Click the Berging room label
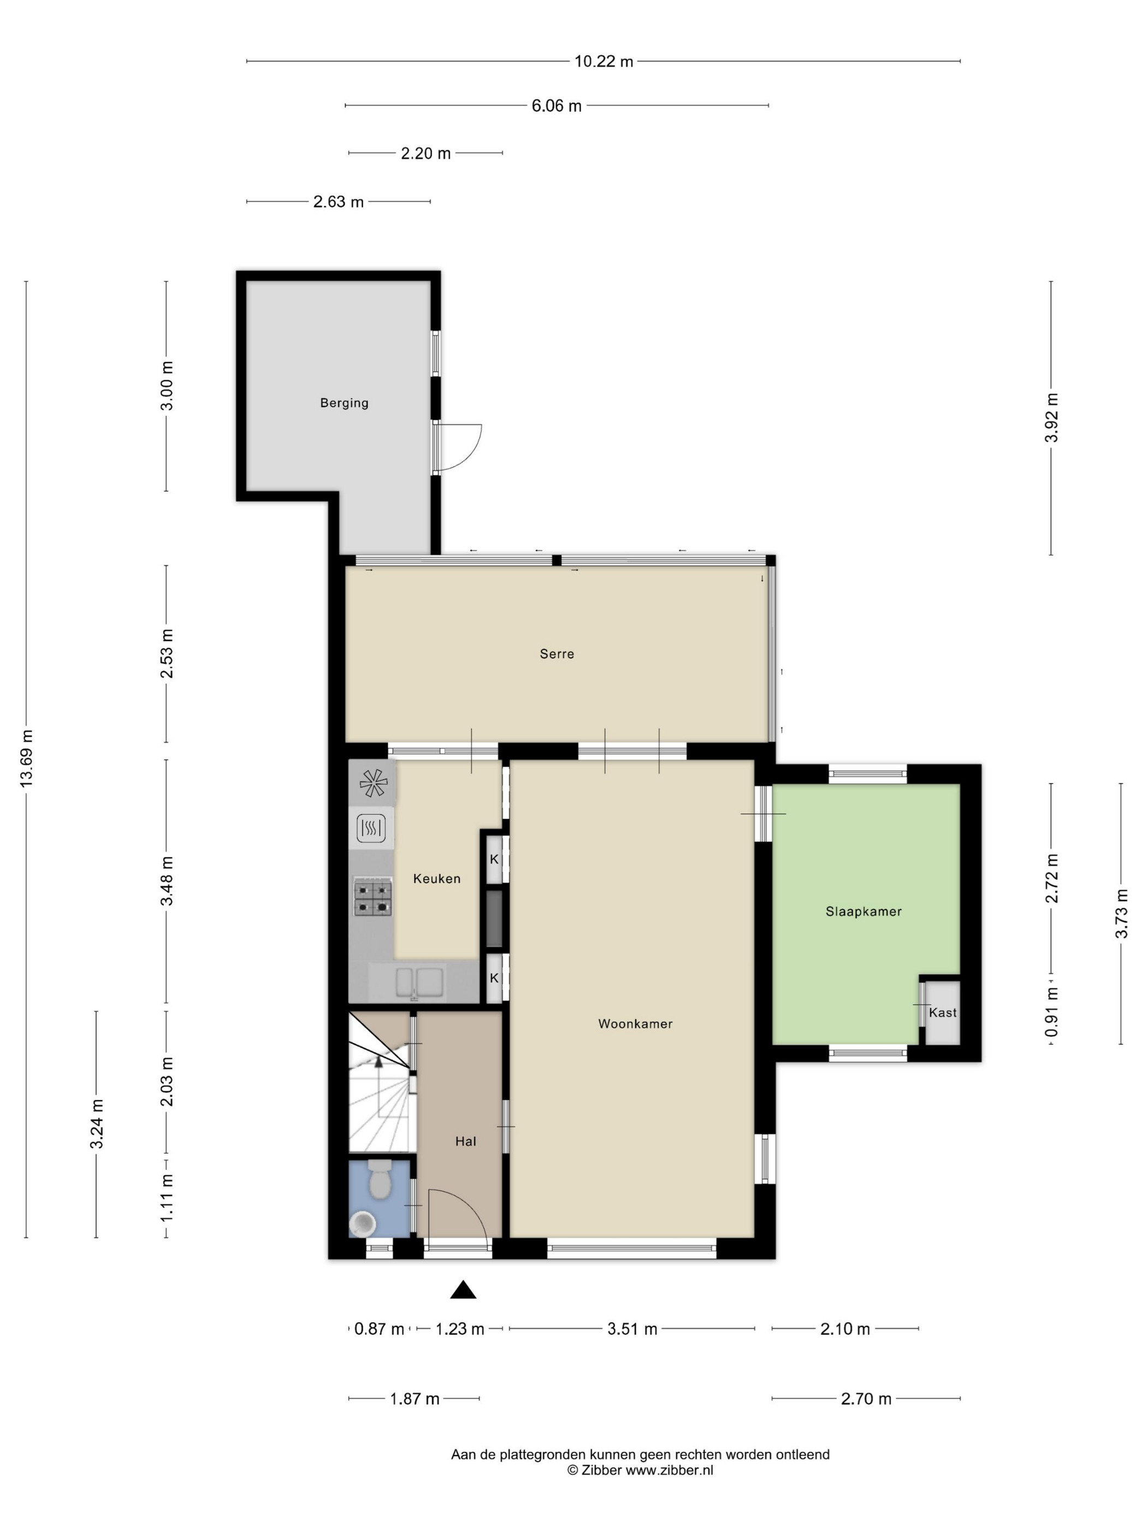point(344,403)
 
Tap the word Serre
point(557,653)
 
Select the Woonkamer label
point(635,1023)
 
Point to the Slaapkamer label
point(864,911)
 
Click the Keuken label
point(436,879)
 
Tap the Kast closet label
point(942,1012)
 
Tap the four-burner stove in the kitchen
point(373,897)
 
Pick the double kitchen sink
point(419,982)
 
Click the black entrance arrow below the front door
point(463,1289)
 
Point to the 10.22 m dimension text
point(604,61)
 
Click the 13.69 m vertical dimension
point(26,757)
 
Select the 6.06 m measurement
point(556,106)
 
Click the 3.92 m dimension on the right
point(1051,418)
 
